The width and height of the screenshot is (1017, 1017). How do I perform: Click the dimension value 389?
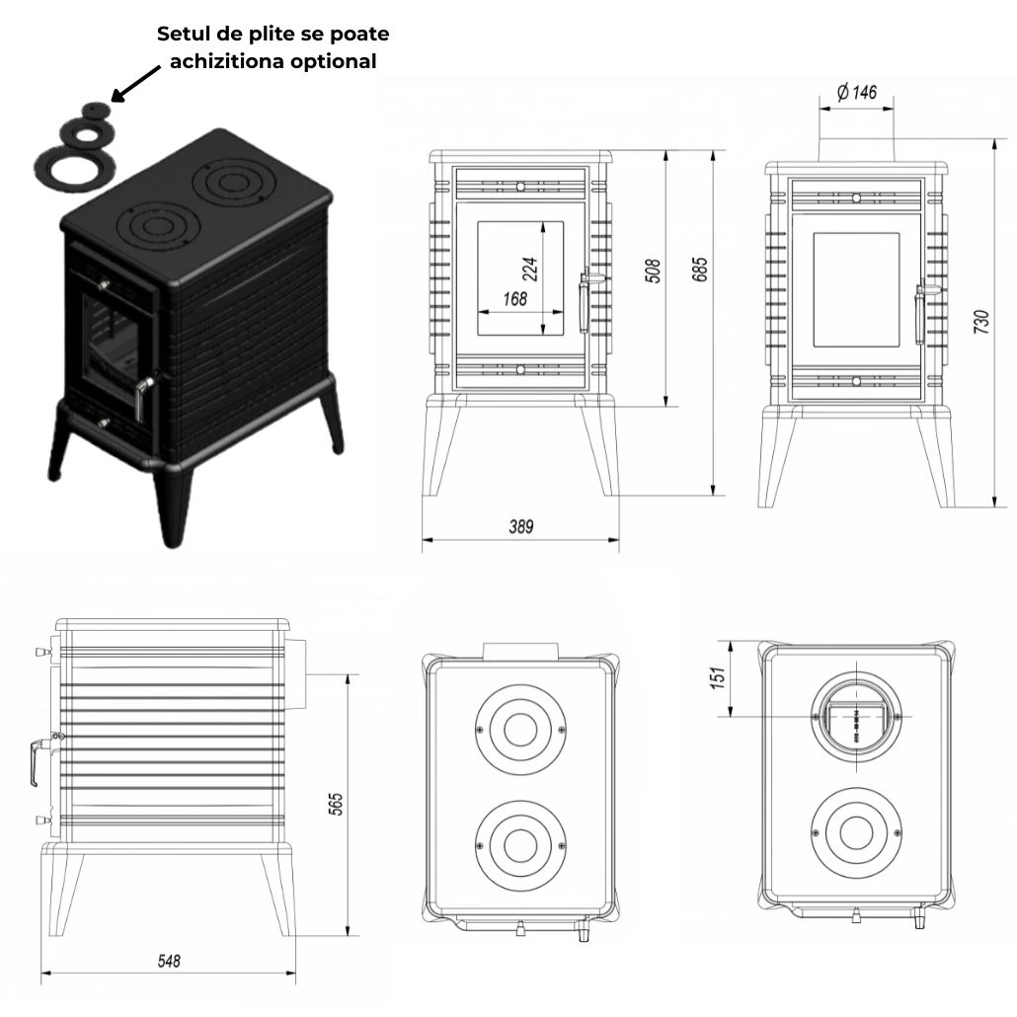(x=520, y=527)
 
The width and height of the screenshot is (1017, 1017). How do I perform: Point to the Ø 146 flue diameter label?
(x=856, y=93)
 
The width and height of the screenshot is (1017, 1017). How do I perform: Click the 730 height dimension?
(x=981, y=323)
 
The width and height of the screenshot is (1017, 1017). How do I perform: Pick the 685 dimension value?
(x=700, y=269)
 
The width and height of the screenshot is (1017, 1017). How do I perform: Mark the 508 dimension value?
(x=653, y=271)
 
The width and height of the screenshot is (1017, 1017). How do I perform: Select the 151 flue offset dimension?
(x=718, y=677)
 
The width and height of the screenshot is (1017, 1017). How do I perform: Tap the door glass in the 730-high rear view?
(x=855, y=290)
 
